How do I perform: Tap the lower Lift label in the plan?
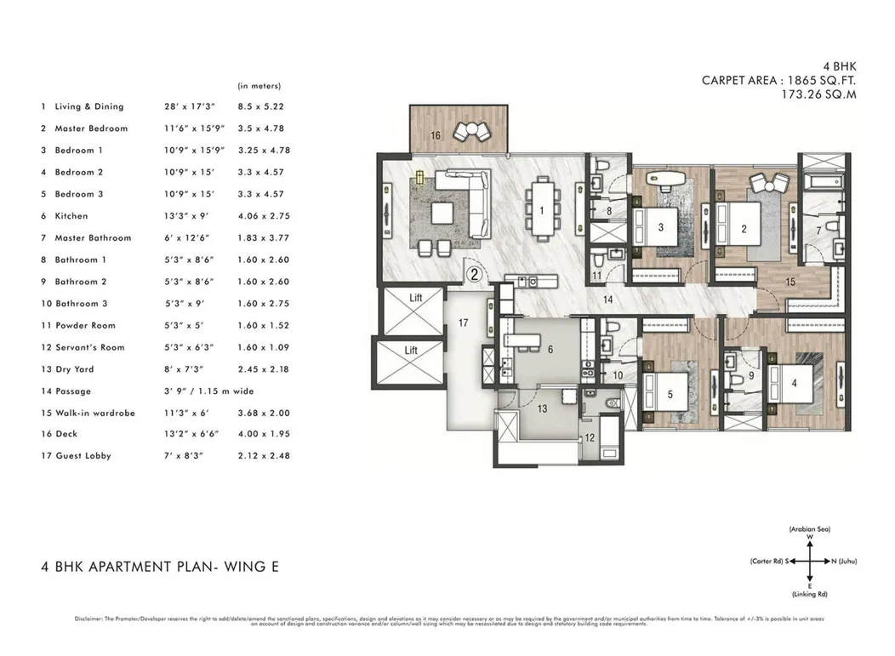412,350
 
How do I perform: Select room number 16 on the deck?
435,135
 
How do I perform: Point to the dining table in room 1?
540,208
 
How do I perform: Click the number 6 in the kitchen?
550,350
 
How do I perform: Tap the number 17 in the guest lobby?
464,322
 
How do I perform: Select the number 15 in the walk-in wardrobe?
790,281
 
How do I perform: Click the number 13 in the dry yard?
541,408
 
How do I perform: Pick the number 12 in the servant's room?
590,438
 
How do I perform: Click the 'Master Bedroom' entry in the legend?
90,128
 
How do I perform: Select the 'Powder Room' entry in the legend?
84,326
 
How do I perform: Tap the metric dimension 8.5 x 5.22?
260,106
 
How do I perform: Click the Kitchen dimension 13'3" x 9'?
185,216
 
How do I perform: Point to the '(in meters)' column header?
259,86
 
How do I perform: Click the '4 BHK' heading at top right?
838,66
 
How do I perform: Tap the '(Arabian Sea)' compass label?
810,529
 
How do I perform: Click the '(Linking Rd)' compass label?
810,593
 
